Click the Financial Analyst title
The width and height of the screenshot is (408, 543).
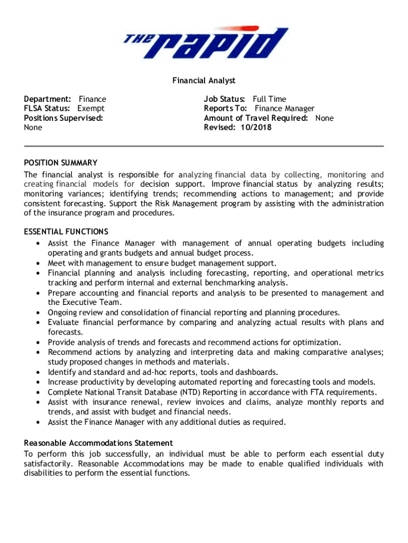tap(203, 81)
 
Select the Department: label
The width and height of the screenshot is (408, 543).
tap(48, 99)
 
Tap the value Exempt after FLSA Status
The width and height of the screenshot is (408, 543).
tap(91, 109)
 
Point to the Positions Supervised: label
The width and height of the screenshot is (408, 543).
tap(64, 118)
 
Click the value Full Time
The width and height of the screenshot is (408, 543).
tap(269, 99)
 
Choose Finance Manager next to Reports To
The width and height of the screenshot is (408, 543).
tap(285, 109)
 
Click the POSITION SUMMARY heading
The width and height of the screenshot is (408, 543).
tap(60, 163)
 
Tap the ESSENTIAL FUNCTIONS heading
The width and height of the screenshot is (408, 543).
tap(66, 232)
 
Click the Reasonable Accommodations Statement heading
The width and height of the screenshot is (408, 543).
tap(99, 443)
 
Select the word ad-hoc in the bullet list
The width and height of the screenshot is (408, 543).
tap(147, 372)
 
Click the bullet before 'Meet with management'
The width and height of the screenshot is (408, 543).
tap(39, 264)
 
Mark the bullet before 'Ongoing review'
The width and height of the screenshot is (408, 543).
tap(39, 313)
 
